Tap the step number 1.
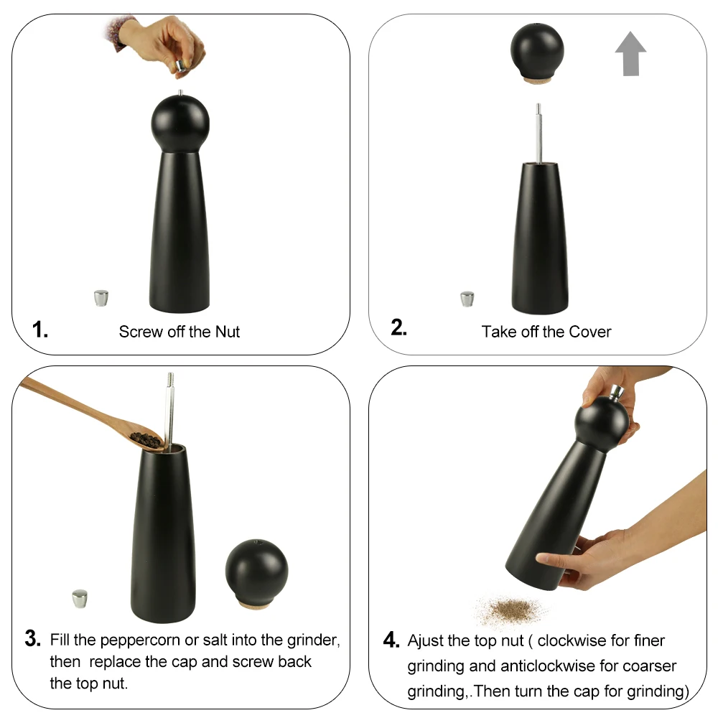click(x=40, y=330)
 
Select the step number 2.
click(x=398, y=327)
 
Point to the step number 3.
click(x=33, y=638)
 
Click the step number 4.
click(x=391, y=640)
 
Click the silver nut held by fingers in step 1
click(x=182, y=65)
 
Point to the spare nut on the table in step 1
click(x=102, y=297)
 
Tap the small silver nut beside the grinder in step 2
click(x=467, y=298)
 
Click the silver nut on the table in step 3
click(x=80, y=597)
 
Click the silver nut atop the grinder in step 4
click(x=616, y=392)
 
